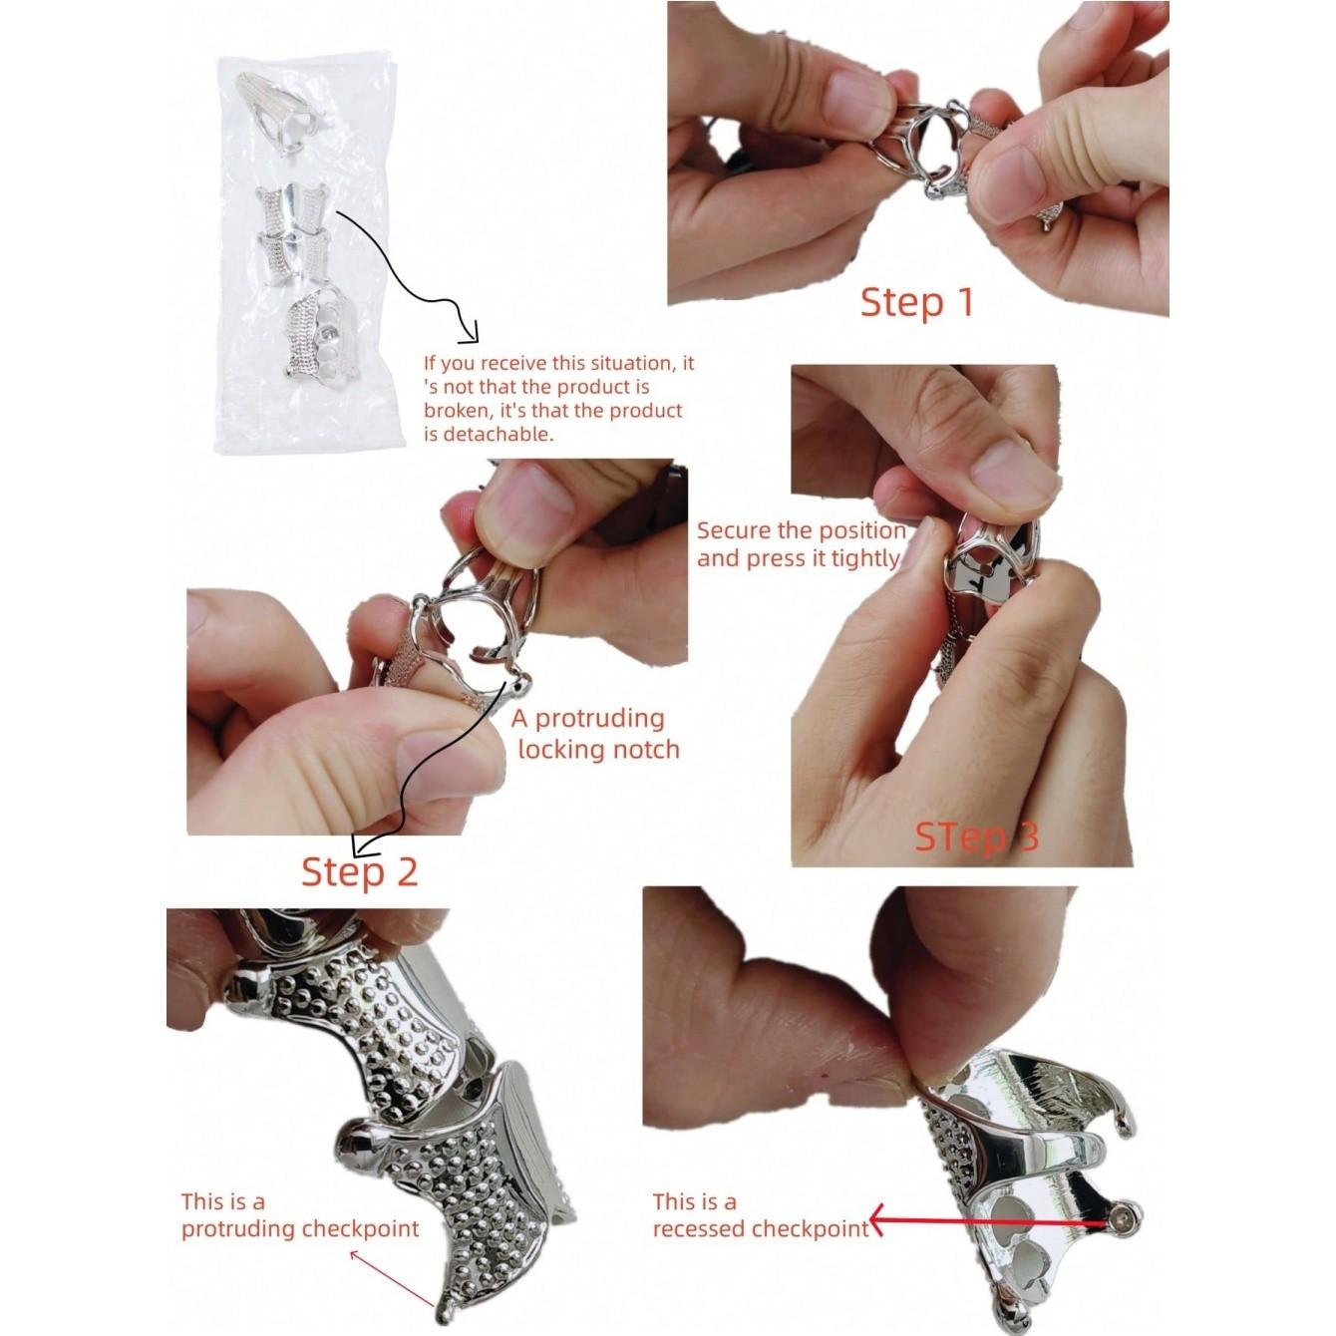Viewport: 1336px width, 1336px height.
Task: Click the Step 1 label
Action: (x=917, y=302)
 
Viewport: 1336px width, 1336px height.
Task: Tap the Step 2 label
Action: (x=360, y=871)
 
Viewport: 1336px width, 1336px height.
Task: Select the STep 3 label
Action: (x=977, y=836)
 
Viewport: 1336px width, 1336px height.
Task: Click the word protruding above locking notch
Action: (x=599, y=718)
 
